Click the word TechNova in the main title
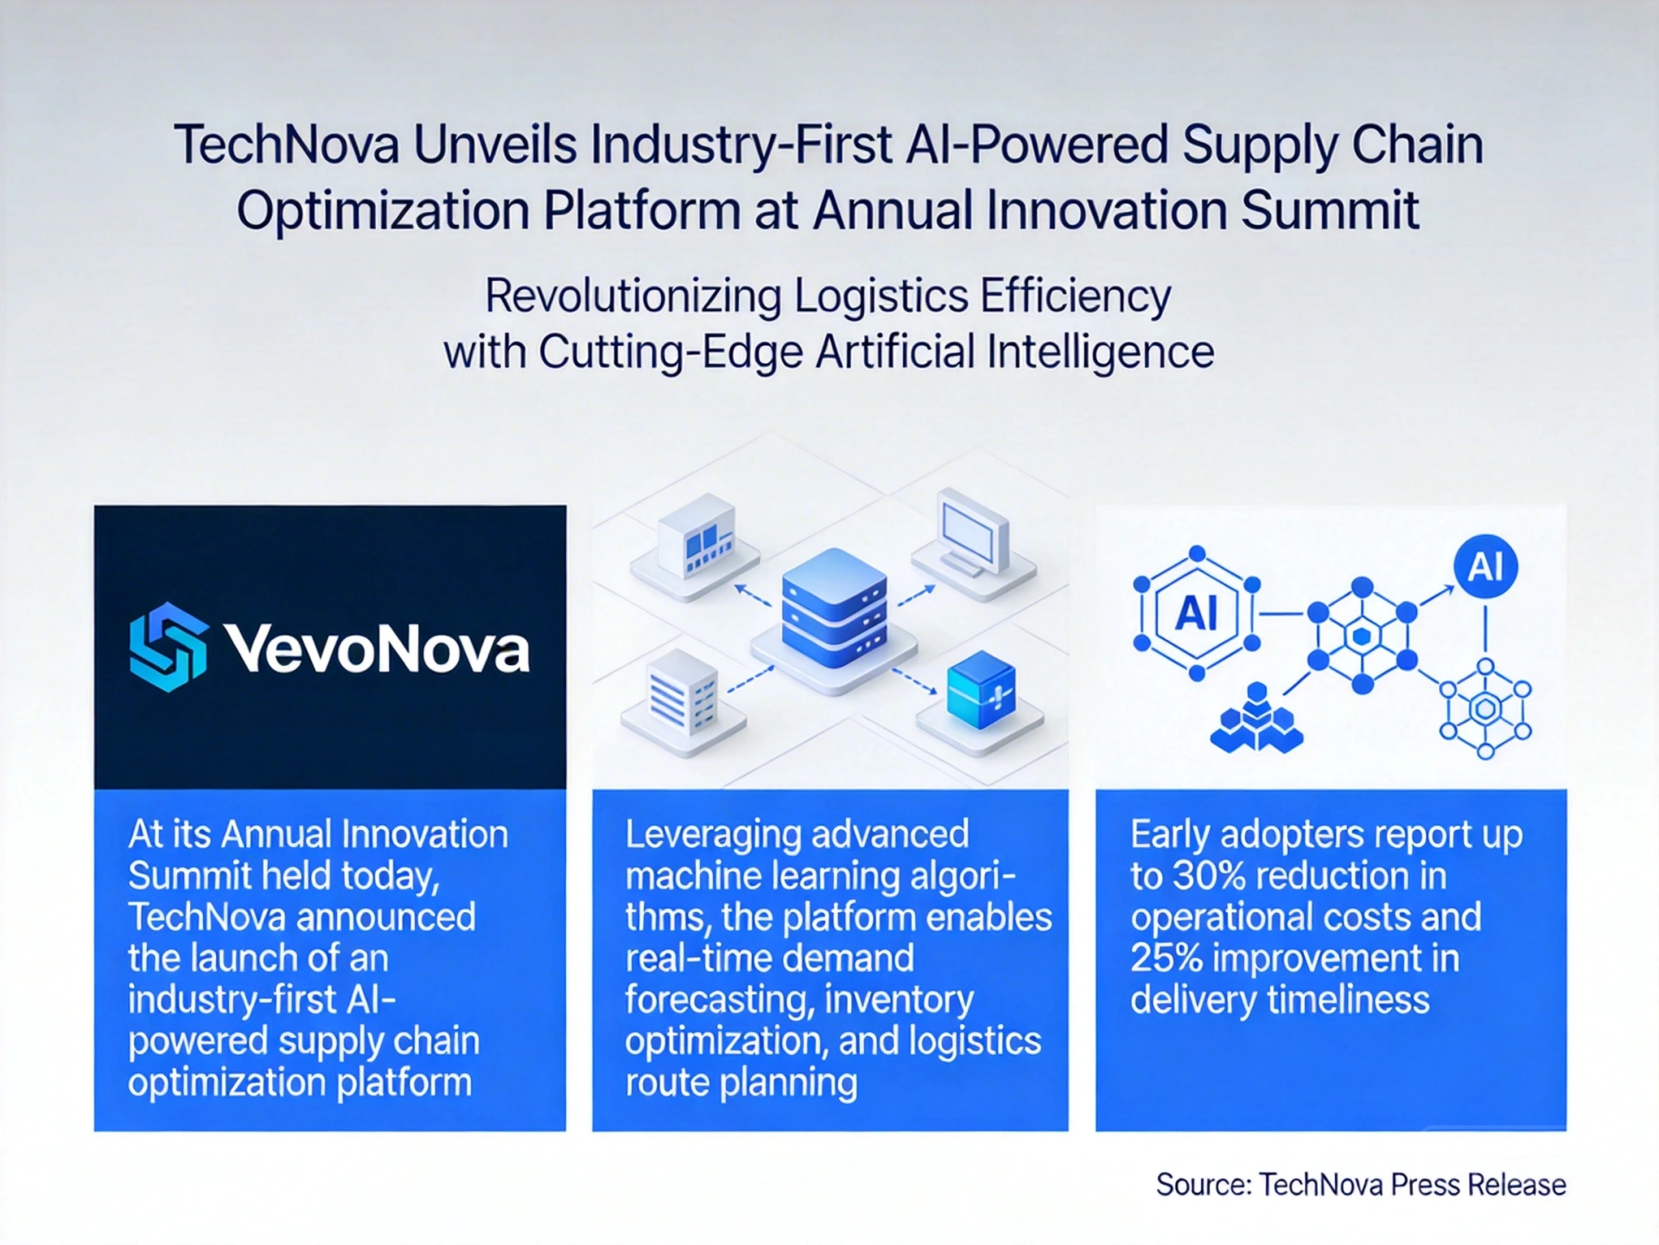point(286,144)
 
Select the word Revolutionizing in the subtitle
point(633,297)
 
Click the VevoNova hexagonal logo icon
point(168,648)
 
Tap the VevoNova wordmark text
point(377,648)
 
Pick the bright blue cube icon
point(981,689)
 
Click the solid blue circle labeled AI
point(1485,567)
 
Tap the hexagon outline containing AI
point(1197,613)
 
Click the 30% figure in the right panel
point(1209,876)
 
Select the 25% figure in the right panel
point(1166,958)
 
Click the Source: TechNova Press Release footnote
point(1361,1184)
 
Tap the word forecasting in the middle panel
point(719,1001)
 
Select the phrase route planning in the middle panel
point(741,1083)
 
